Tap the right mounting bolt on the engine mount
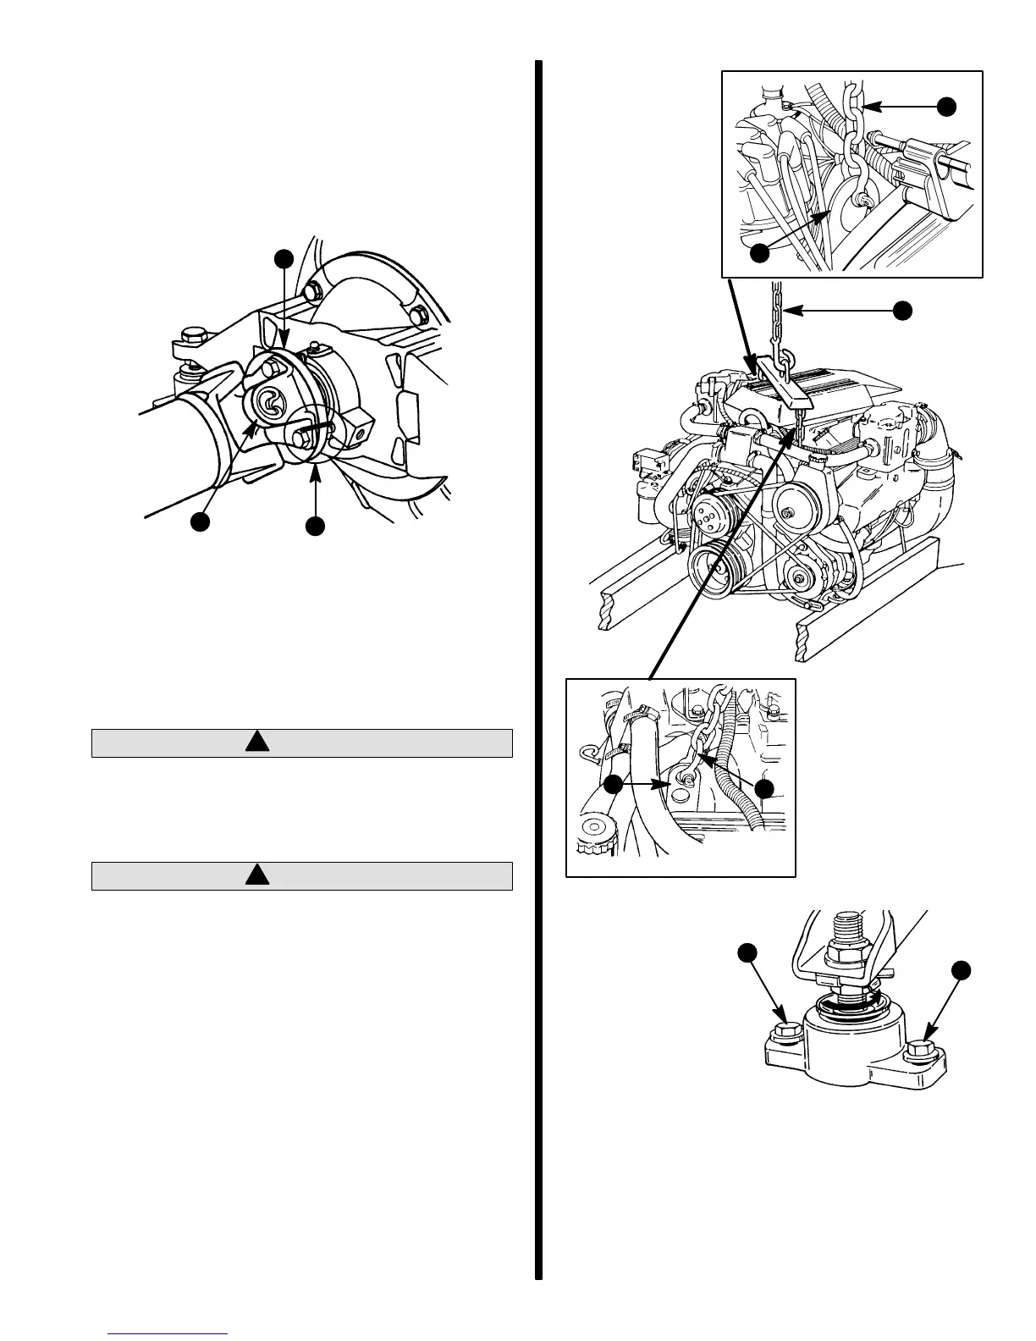(919, 1053)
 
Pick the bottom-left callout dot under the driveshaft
(201, 521)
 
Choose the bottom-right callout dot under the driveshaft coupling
(315, 526)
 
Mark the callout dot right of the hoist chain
(903, 311)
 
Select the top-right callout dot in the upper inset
(947, 105)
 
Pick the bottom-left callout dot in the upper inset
(761, 251)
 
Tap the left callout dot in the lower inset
(614, 784)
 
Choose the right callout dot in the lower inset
(764, 788)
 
